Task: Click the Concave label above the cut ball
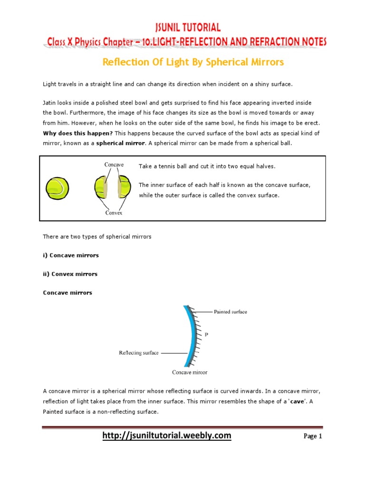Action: (114, 165)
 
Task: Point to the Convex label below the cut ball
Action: (114, 213)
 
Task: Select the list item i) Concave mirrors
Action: (71, 255)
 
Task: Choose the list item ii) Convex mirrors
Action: (70, 274)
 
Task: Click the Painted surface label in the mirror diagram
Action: (230, 312)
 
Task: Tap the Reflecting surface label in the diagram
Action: (138, 353)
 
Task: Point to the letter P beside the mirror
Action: (206, 335)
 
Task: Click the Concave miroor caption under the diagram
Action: (190, 372)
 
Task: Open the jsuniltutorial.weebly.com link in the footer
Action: (167, 435)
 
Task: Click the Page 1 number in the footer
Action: (313, 436)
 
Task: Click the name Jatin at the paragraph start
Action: (50, 103)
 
